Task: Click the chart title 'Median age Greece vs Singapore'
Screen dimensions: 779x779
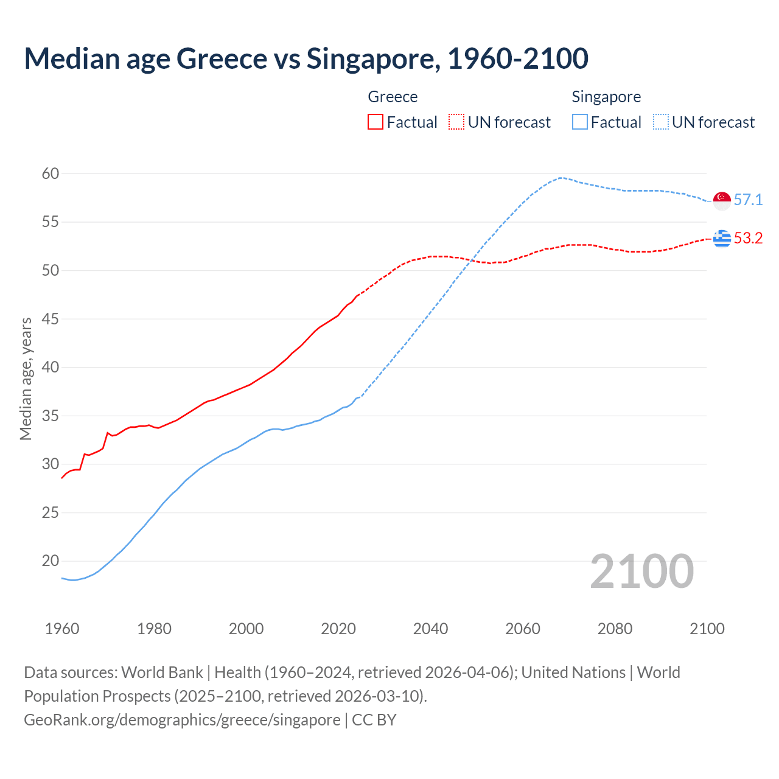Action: point(306,58)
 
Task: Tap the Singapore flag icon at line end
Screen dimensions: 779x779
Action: point(722,200)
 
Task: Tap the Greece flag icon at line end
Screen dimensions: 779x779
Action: point(722,239)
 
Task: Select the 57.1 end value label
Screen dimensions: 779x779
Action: point(748,200)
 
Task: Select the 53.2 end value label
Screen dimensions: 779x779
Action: point(748,239)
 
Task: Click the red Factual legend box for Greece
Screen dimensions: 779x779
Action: point(376,122)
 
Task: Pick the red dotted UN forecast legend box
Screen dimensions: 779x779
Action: point(456,122)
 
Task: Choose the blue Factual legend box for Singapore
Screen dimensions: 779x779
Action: point(580,122)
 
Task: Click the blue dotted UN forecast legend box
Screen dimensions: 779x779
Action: point(661,122)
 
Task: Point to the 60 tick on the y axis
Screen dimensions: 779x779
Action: point(51,174)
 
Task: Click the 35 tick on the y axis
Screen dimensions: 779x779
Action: point(51,416)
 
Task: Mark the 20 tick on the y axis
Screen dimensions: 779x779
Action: point(51,561)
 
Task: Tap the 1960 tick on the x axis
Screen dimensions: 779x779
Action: point(62,629)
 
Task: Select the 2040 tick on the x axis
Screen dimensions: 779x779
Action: point(430,629)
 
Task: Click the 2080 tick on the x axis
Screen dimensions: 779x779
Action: point(615,629)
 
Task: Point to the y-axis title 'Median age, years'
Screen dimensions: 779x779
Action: point(26,379)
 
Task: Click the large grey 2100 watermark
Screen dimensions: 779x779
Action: point(641,571)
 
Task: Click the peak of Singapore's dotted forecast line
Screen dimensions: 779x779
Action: point(560,178)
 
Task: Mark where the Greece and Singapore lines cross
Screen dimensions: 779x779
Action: point(472,261)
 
